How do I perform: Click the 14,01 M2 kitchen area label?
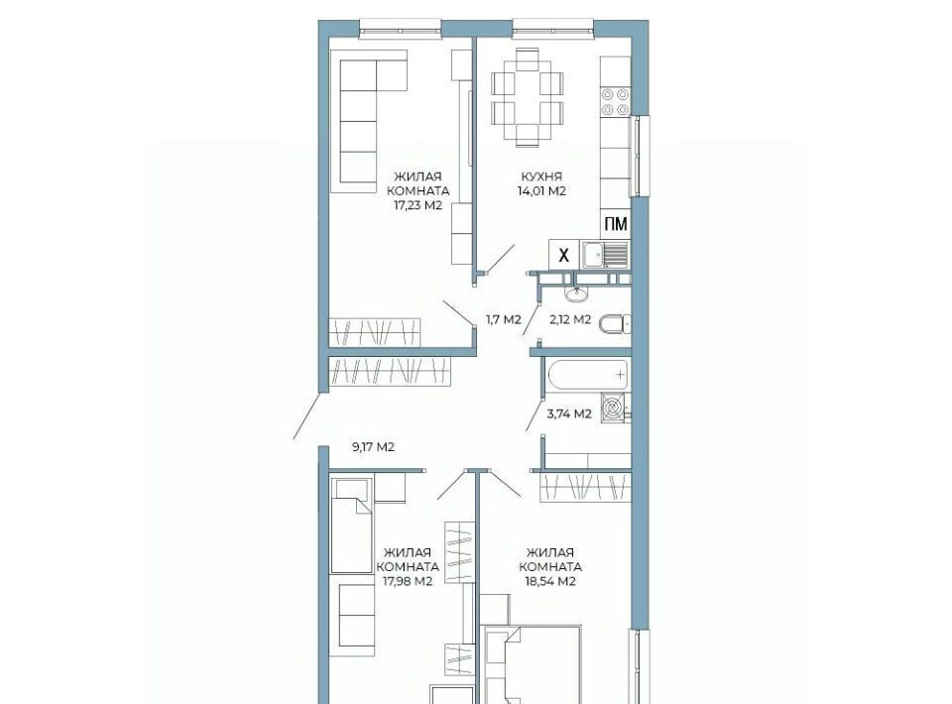[541, 191]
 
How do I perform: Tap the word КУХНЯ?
[541, 176]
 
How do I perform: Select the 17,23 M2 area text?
[417, 205]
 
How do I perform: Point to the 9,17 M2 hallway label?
[374, 447]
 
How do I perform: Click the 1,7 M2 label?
[504, 319]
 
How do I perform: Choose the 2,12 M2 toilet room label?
[570, 319]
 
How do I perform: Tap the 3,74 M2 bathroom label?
[569, 413]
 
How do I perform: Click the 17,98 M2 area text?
[408, 581]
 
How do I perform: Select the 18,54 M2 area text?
[550, 581]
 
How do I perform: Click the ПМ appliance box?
[615, 224]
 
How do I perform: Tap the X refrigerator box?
[563, 255]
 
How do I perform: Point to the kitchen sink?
[605, 255]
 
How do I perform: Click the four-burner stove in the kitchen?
[615, 101]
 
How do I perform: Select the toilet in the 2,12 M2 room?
[615, 324]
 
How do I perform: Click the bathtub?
[588, 375]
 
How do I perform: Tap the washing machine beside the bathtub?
[616, 408]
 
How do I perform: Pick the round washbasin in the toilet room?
[575, 294]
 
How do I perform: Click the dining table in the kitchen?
[527, 97]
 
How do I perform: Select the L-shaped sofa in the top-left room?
[367, 121]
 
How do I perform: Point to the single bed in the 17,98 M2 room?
[350, 525]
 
